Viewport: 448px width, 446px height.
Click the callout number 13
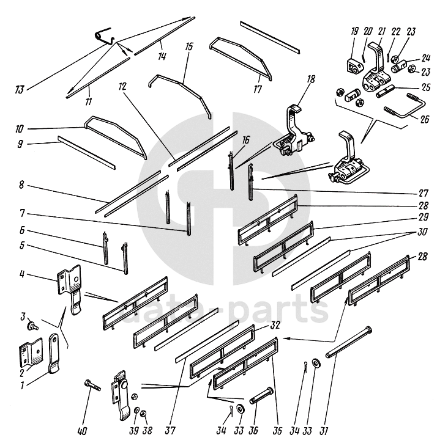20,90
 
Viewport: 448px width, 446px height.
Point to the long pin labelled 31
349,342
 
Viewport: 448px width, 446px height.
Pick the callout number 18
311,79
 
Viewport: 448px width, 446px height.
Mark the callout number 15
189,46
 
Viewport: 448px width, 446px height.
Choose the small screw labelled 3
32,326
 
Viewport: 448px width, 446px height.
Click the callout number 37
170,430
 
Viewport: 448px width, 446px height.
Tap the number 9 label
20,144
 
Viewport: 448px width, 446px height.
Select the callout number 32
275,325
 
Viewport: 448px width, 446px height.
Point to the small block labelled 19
355,65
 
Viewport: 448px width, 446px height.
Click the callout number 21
381,31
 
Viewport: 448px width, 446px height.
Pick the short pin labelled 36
261,395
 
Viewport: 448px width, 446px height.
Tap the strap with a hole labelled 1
54,354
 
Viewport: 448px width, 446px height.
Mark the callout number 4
21,274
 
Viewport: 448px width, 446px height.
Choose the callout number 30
422,232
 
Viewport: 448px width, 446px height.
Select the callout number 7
22,213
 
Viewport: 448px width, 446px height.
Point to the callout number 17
258,90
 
